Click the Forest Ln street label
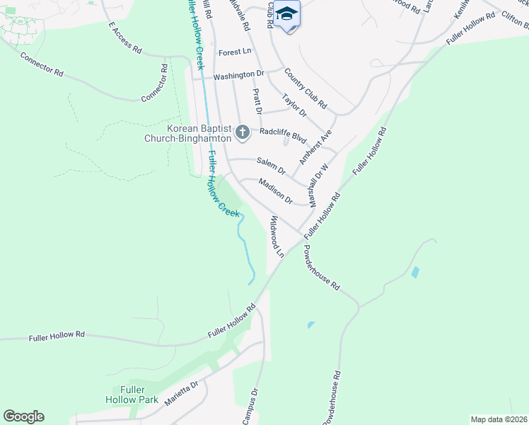pyautogui.click(x=235, y=52)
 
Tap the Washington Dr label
pyautogui.click(x=238, y=74)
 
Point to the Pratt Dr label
pyautogui.click(x=257, y=101)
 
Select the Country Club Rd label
pyautogui.click(x=306, y=89)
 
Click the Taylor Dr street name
pyautogui.click(x=294, y=106)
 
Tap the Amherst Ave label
pyautogui.click(x=315, y=147)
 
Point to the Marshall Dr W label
pyautogui.click(x=319, y=183)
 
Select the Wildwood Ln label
pyautogui.click(x=275, y=237)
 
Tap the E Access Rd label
pyautogui.click(x=125, y=38)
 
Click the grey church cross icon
pyautogui.click(x=243, y=131)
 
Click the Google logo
pyautogui.click(x=23, y=416)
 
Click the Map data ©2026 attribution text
pyautogui.click(x=498, y=419)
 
